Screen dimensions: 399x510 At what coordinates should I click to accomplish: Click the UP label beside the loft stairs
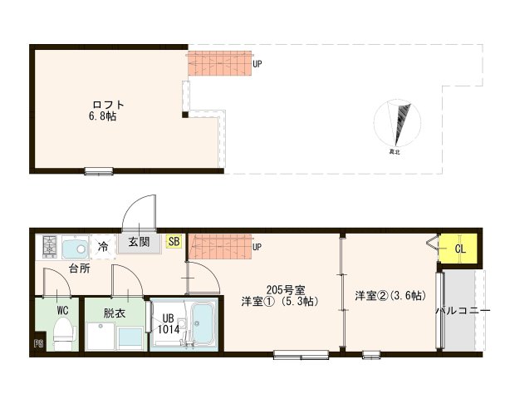257,62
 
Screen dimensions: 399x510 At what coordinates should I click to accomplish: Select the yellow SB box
174,242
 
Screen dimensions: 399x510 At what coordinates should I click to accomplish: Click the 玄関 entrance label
139,243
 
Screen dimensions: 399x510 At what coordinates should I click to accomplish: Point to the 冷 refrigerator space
103,246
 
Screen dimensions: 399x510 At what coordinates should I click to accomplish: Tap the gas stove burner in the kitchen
50,246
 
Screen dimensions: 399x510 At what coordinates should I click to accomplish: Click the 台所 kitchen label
80,268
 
